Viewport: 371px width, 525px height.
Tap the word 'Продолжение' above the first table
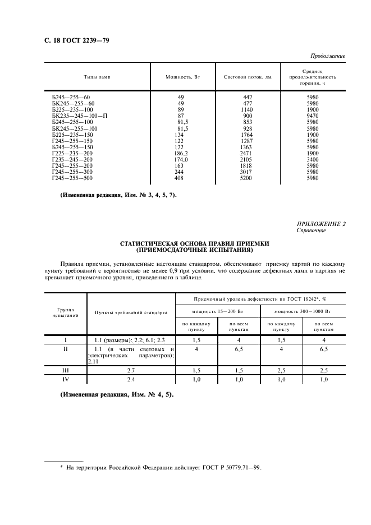(x=328, y=56)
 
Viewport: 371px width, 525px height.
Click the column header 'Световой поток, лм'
(x=248, y=77)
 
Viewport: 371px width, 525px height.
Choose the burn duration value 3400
(x=313, y=159)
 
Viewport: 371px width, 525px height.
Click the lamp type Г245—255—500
(x=72, y=178)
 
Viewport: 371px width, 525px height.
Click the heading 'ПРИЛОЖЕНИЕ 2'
(x=320, y=224)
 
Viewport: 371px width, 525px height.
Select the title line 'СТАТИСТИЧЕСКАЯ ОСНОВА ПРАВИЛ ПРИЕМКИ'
(x=195, y=244)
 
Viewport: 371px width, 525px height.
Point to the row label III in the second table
(x=66, y=370)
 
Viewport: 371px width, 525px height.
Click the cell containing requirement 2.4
(x=131, y=380)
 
